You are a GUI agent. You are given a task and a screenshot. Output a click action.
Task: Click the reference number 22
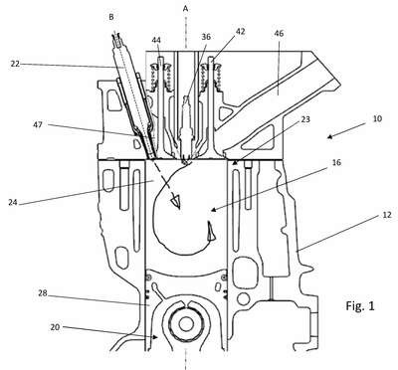tap(15, 64)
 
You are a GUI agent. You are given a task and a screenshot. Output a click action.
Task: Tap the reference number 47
tap(38, 125)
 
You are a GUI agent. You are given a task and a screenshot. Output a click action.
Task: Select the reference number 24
tap(13, 202)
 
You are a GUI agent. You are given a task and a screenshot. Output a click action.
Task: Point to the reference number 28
tap(43, 293)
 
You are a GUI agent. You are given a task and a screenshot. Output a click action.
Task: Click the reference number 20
tap(55, 327)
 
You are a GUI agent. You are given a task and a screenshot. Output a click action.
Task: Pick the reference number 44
tap(156, 40)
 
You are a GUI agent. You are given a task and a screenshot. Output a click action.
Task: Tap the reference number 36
tap(206, 37)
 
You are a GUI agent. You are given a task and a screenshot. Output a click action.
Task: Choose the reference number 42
tap(240, 31)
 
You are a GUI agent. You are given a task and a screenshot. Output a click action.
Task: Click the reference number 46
tap(280, 33)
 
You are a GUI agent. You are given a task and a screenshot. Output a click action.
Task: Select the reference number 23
tap(305, 118)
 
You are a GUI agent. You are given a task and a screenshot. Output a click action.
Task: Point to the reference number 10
tap(377, 118)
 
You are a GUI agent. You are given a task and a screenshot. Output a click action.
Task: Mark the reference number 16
tap(335, 162)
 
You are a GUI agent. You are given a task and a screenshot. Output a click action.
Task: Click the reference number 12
tap(387, 215)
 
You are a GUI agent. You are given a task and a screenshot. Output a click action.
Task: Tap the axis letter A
tap(186, 9)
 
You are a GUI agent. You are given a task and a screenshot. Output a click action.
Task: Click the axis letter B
tap(111, 17)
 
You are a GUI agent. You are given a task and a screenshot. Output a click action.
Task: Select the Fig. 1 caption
tap(360, 305)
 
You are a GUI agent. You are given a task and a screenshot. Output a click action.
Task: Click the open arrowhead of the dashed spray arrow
tap(175, 202)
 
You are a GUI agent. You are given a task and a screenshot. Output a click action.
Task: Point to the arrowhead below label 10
tap(329, 136)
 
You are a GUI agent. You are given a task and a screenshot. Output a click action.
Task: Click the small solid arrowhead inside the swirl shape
tap(210, 231)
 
